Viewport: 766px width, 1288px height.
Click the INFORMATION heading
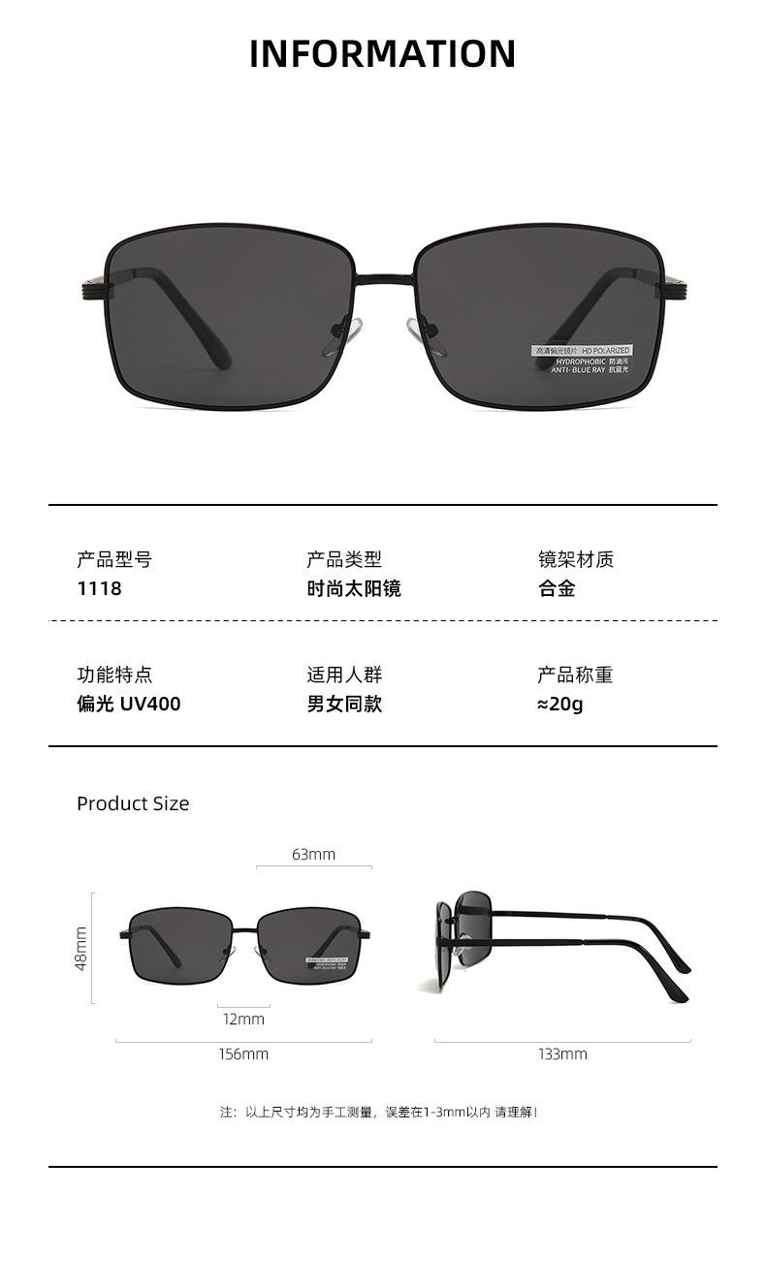(x=382, y=54)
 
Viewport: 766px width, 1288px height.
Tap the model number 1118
(x=99, y=588)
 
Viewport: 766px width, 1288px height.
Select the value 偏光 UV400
(x=128, y=704)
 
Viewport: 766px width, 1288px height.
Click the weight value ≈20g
(x=559, y=704)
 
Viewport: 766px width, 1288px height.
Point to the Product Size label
(x=133, y=803)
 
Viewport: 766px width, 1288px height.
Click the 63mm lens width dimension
(x=313, y=854)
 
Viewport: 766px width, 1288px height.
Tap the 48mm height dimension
(x=81, y=948)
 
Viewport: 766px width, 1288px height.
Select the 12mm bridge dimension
(x=242, y=1019)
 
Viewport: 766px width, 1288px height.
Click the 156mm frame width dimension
(x=242, y=1053)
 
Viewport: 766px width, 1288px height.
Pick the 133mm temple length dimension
(x=562, y=1053)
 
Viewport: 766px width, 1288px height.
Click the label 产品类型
(x=344, y=559)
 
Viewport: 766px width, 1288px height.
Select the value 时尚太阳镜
(x=354, y=588)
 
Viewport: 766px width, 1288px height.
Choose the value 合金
(x=557, y=588)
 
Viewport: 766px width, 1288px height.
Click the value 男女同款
(x=344, y=704)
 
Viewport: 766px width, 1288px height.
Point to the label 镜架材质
(x=576, y=559)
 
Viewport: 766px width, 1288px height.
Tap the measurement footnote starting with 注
(x=378, y=1112)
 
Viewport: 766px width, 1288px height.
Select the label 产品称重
(x=575, y=675)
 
